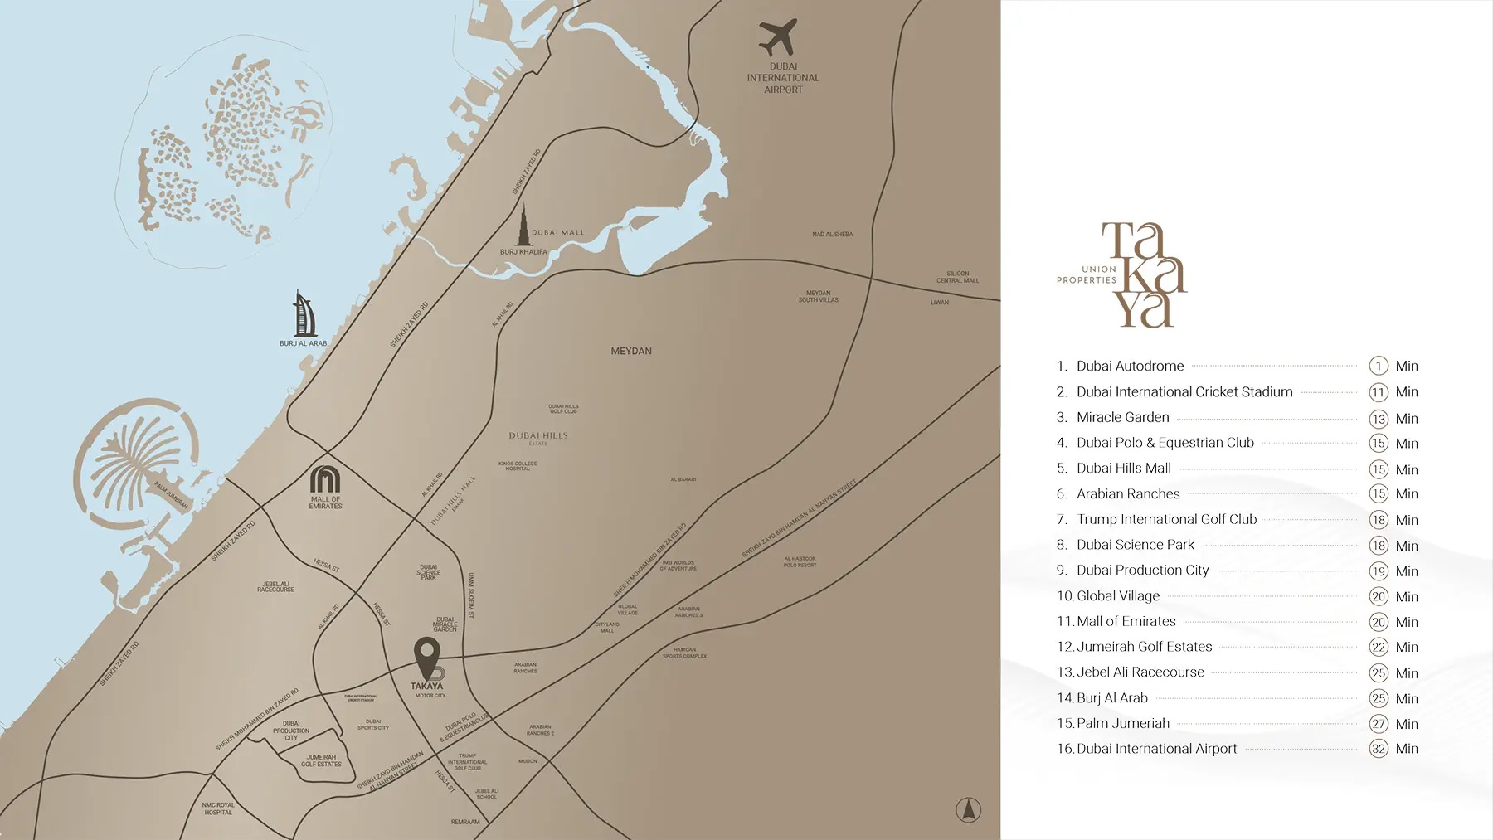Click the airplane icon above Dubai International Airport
pyautogui.click(x=778, y=37)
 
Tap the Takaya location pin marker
pyautogui.click(x=427, y=657)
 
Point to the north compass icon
pyautogui.click(x=968, y=809)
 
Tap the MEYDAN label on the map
pyautogui.click(x=631, y=352)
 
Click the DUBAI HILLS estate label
pyautogui.click(x=538, y=436)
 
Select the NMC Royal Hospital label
pyautogui.click(x=218, y=808)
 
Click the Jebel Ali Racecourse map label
pyautogui.click(x=275, y=586)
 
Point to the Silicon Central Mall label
pyautogui.click(x=957, y=277)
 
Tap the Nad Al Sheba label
pyautogui.click(x=832, y=235)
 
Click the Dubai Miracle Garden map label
pyautogui.click(x=445, y=624)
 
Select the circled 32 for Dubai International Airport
pyautogui.click(x=1379, y=749)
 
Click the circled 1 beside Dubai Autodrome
pyautogui.click(x=1379, y=366)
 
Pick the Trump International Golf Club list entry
pyautogui.click(x=1166, y=519)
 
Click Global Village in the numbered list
pyautogui.click(x=1117, y=595)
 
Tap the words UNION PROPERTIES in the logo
pyautogui.click(x=1087, y=275)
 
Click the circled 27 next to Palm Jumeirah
pyautogui.click(x=1379, y=724)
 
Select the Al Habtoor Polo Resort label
pyautogui.click(x=800, y=561)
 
